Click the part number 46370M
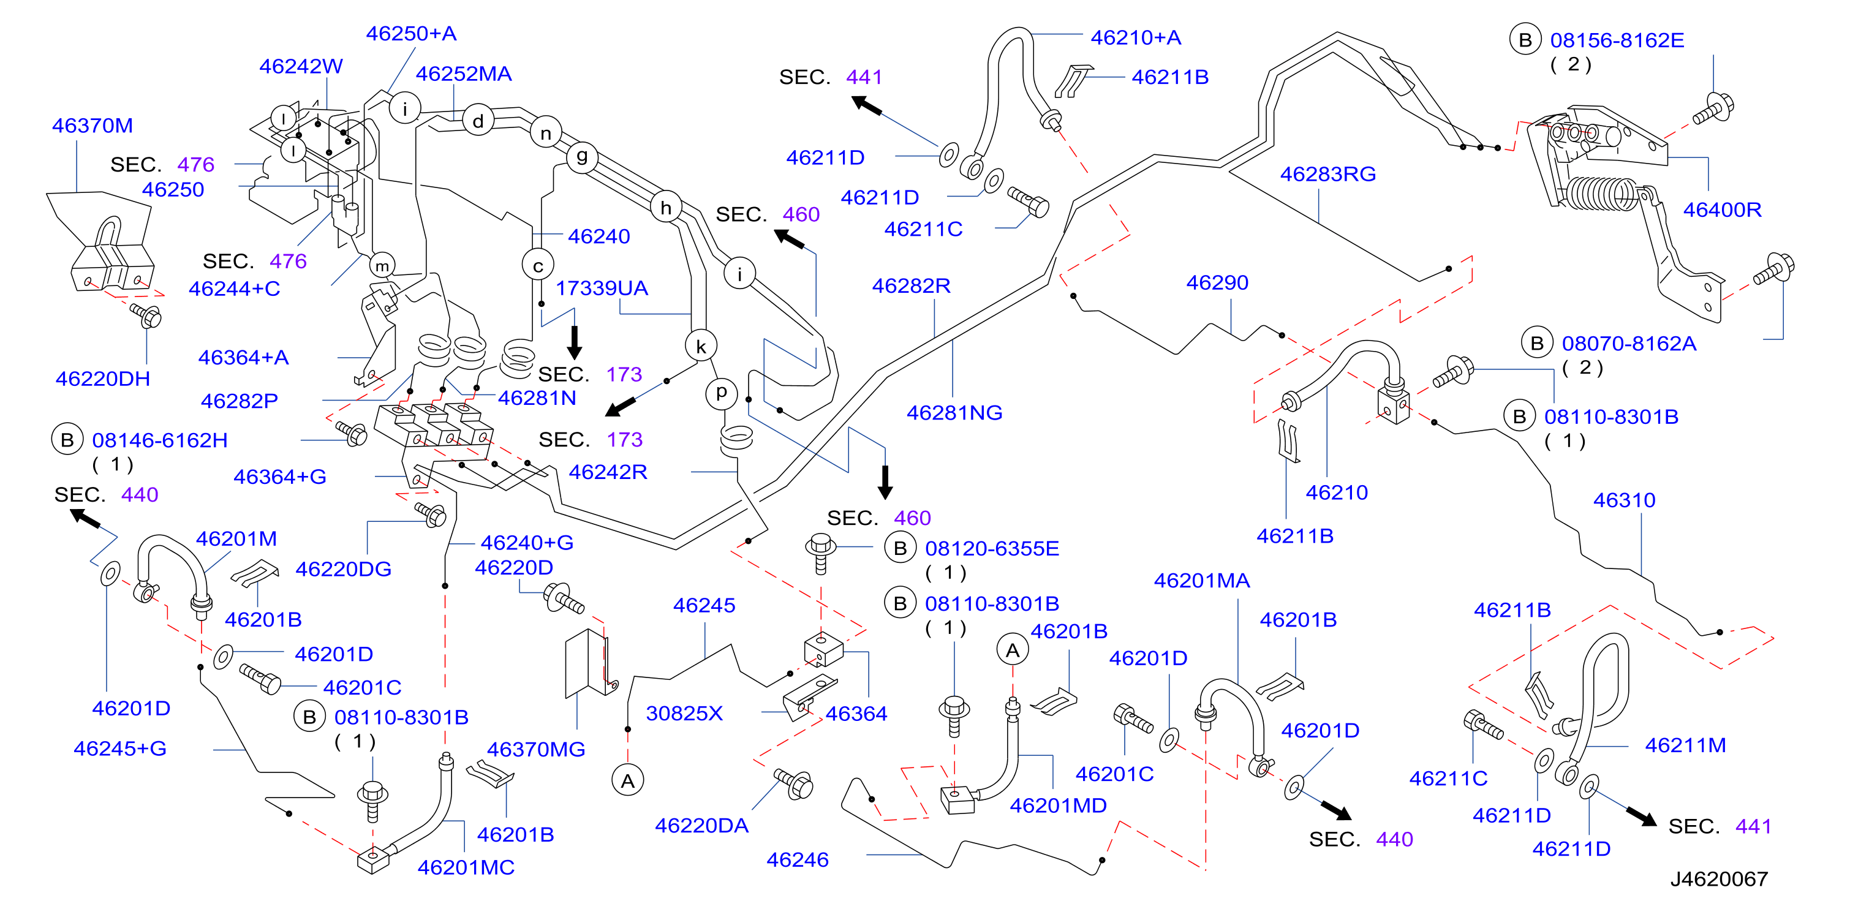pos(92,126)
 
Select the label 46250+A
pos(412,34)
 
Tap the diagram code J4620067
pos(1718,879)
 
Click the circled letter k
pos(701,347)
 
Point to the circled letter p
pos(721,393)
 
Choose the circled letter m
pos(382,266)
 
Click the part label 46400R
pos(1722,209)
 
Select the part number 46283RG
pos(1328,174)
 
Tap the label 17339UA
pos(602,288)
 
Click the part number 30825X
pos(684,713)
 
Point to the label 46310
pos(1625,500)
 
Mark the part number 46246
pos(797,859)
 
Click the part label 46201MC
pos(466,867)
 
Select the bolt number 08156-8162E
pos(1617,40)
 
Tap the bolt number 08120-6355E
pos(992,549)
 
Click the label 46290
pos(1217,283)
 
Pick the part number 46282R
pos(912,286)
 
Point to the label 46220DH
pos(103,379)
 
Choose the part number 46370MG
pos(537,750)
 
